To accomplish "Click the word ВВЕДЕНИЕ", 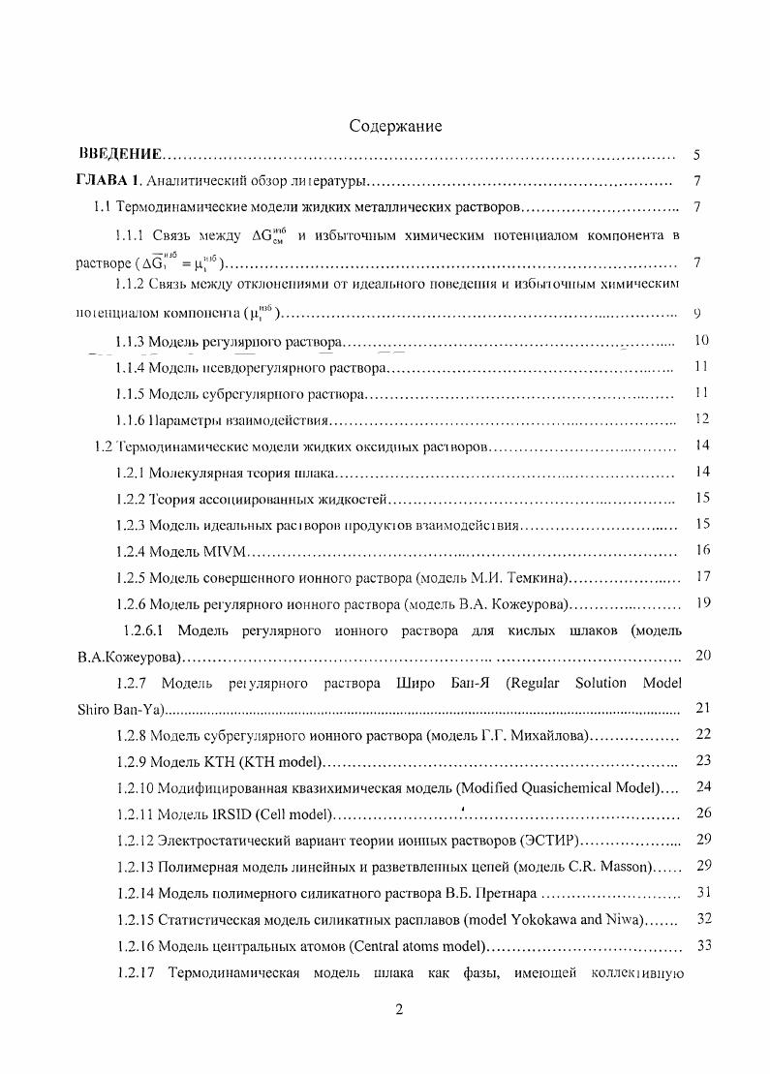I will pos(119,155).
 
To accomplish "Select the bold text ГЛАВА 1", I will pos(108,181).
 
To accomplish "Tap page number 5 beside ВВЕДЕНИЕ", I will pos(697,155).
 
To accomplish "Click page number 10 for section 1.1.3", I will pos(703,341).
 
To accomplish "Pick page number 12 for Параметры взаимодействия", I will pos(703,419).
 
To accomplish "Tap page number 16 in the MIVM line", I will pos(703,550).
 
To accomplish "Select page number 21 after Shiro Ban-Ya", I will pos(703,709).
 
